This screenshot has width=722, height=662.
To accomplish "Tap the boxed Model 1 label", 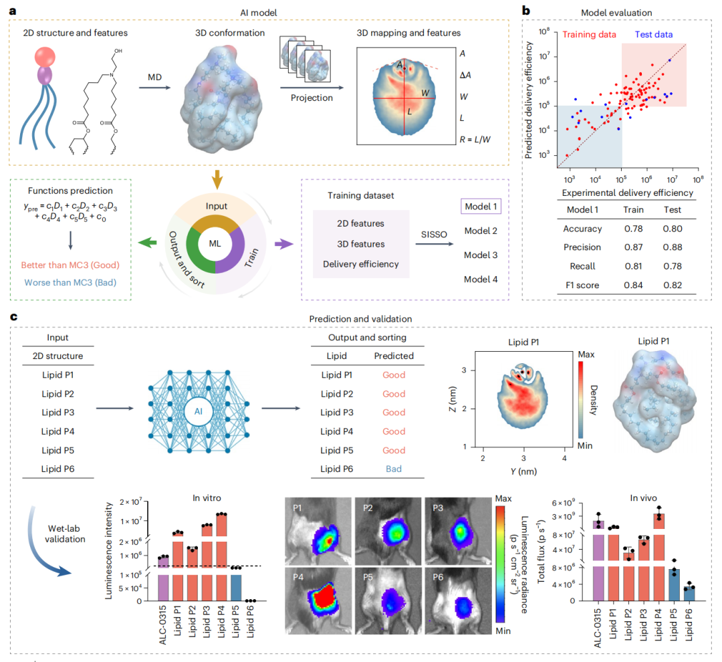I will (481, 207).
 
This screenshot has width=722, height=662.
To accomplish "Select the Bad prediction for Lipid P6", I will (394, 469).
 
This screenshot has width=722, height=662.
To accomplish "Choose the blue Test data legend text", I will (650, 33).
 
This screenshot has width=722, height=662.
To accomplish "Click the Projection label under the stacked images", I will (312, 98).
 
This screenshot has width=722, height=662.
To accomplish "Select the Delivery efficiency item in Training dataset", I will (362, 264).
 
